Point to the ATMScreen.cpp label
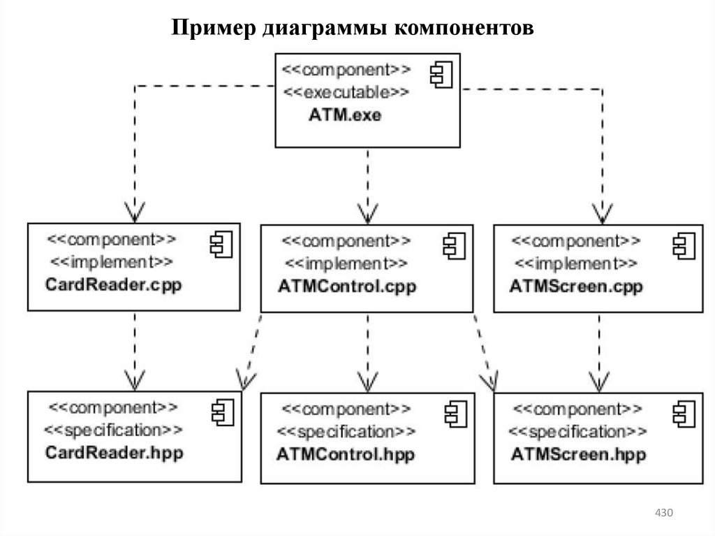click(x=577, y=287)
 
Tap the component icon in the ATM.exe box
click(x=441, y=74)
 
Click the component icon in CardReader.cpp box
click(x=221, y=243)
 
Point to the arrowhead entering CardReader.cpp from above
click(x=133, y=211)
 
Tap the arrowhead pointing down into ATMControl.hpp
click(x=367, y=381)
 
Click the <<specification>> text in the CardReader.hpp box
click(x=114, y=429)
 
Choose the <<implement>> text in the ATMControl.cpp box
click(x=346, y=263)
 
